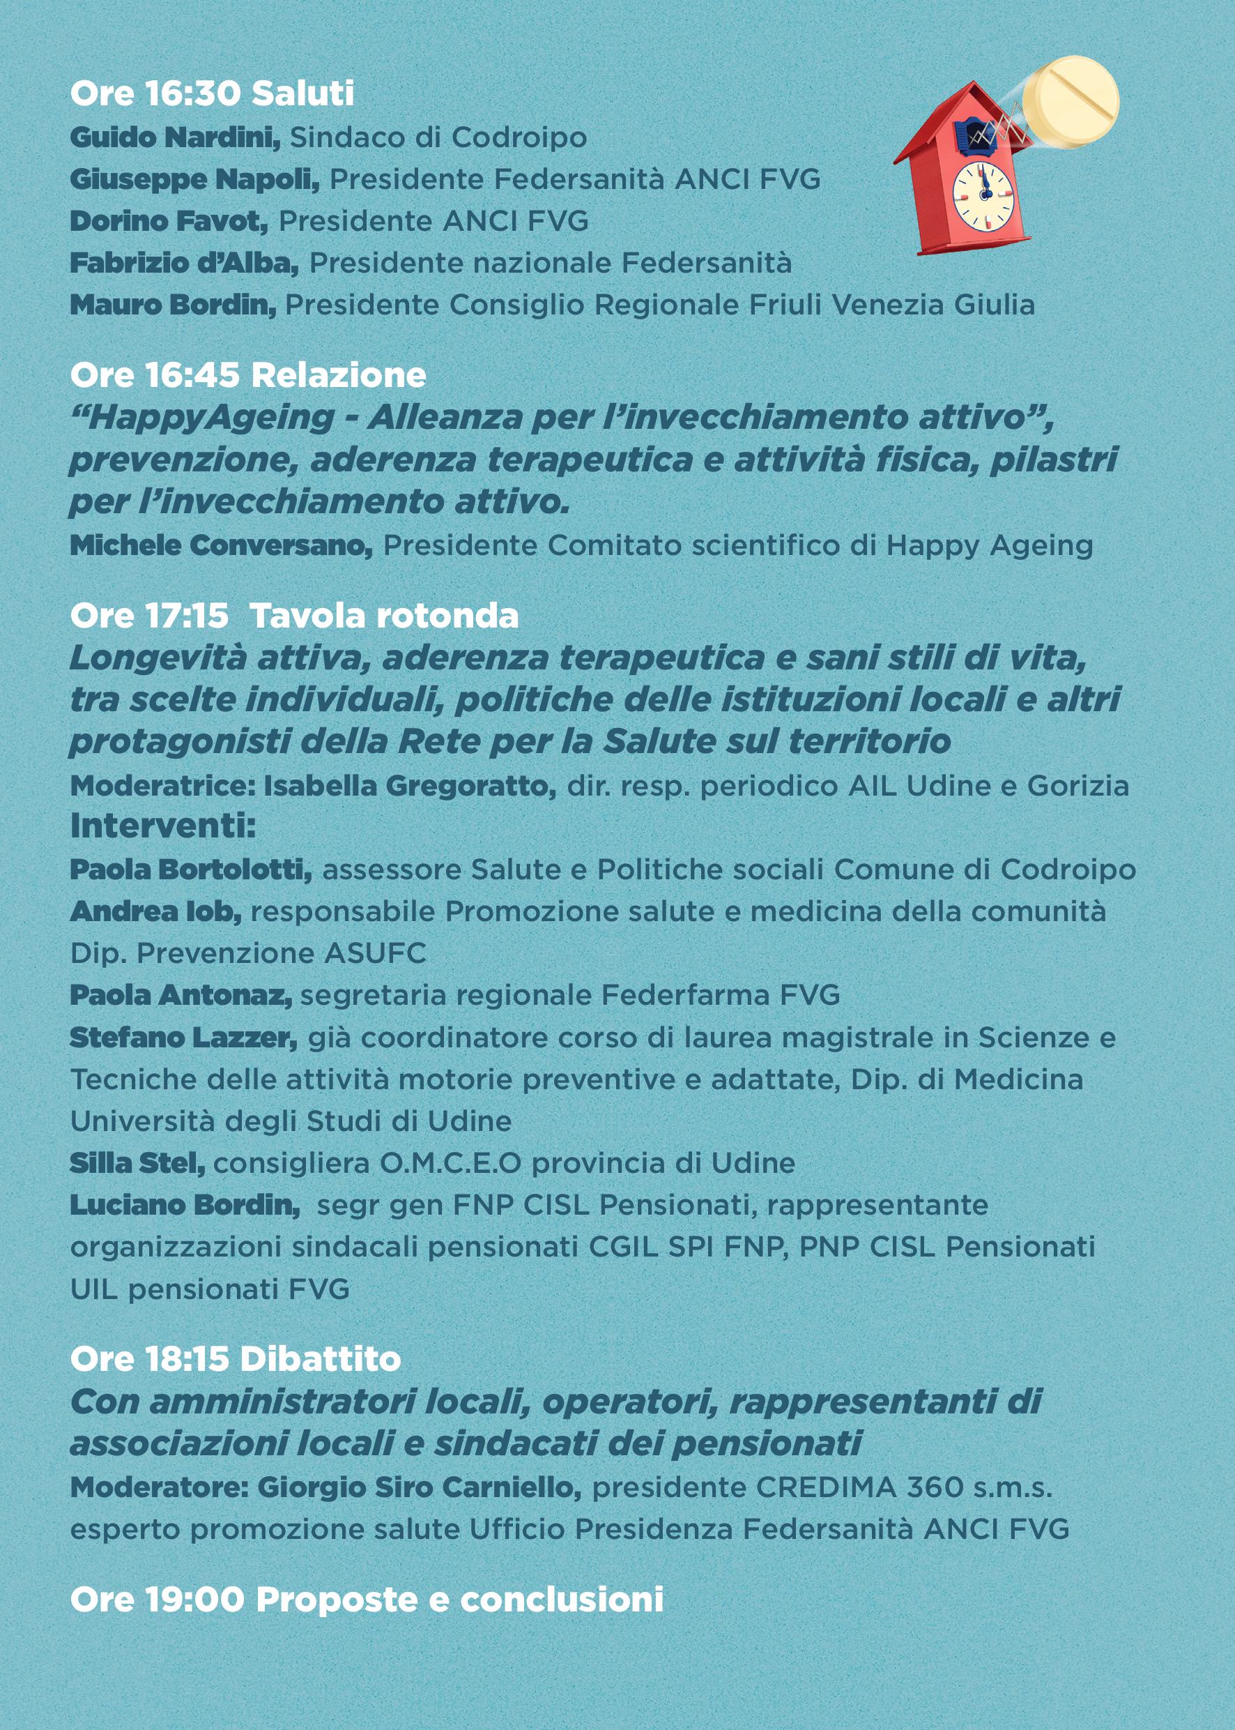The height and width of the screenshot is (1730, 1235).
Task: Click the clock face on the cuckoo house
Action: tap(983, 195)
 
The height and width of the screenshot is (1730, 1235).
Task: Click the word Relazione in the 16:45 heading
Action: tap(339, 375)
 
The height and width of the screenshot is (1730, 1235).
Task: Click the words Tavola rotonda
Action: tap(384, 616)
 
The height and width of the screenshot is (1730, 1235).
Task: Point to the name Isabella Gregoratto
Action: tap(410, 786)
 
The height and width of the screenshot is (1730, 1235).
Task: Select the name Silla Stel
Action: tap(137, 1163)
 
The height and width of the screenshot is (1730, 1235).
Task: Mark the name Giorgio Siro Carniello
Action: tap(419, 1487)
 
